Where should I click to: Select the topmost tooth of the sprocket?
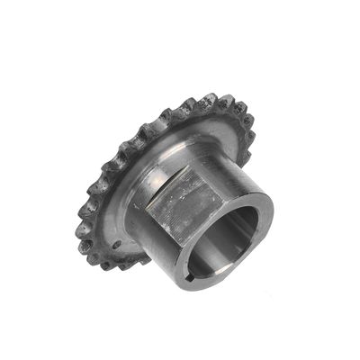213,96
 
